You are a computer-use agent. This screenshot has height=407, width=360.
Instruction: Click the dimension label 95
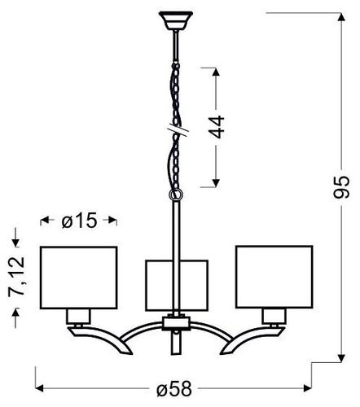click(341, 187)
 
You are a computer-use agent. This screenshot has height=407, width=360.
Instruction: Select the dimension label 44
click(217, 127)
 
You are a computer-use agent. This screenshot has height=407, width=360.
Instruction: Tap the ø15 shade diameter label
click(79, 221)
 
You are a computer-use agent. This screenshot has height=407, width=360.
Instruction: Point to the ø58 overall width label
click(174, 388)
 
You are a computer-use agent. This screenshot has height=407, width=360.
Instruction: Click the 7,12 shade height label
click(16, 277)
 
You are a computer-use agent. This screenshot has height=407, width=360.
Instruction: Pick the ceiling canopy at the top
click(176, 20)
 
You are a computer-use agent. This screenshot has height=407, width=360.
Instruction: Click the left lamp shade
click(79, 278)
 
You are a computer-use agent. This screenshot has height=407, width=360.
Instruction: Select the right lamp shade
click(274, 277)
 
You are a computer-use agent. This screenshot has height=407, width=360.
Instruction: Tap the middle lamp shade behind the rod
click(177, 286)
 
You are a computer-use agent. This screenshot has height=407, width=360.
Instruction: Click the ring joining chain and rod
click(176, 195)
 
